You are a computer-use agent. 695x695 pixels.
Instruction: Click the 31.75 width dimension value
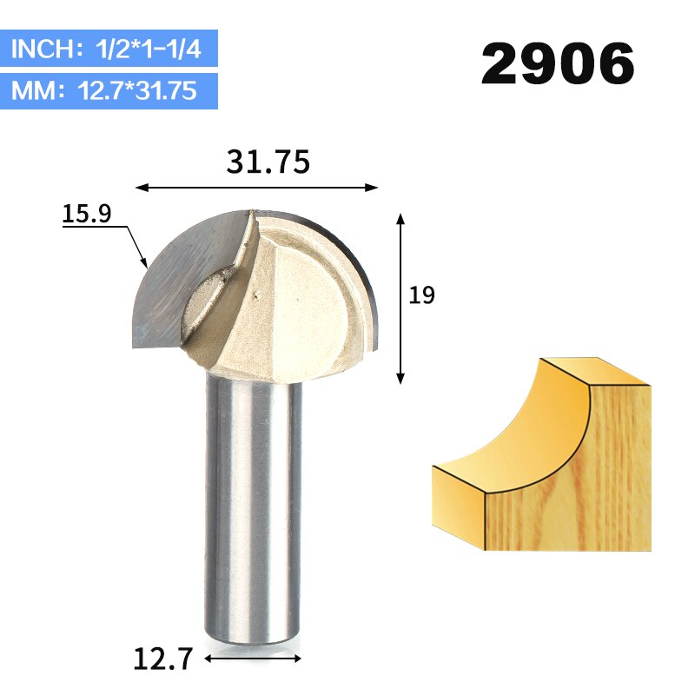[268, 162]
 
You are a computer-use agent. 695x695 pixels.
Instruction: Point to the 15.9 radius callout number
[87, 214]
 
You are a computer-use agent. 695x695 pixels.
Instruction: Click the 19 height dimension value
[421, 295]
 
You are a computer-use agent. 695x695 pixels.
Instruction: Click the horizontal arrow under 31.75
[258, 187]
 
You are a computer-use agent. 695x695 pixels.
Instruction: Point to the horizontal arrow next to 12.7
[255, 659]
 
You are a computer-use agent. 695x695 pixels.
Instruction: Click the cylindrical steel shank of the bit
[254, 504]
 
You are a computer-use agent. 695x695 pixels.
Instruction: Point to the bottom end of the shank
[254, 639]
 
